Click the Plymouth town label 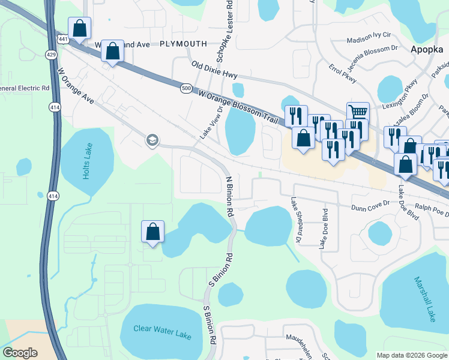coord(183,44)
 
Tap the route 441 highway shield coord(63,39)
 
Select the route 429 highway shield coord(51,55)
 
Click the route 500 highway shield coord(185,88)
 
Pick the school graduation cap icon coord(152,141)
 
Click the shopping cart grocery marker coord(358,111)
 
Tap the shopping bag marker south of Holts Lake coord(152,231)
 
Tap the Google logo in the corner coord(20,353)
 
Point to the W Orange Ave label coord(76,87)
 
